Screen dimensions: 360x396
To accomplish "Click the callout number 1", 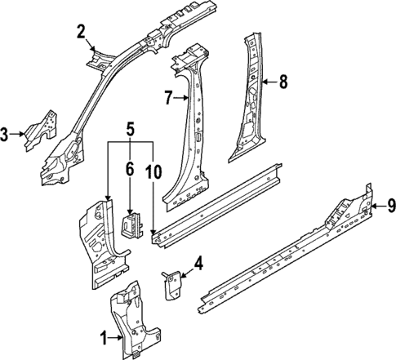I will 104,336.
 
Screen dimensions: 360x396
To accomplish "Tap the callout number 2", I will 81,32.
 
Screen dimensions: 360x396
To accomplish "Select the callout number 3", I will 5,135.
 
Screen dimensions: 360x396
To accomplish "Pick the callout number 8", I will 283,81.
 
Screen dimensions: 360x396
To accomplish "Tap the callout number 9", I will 390,207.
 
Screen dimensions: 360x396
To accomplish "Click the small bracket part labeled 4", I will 172,283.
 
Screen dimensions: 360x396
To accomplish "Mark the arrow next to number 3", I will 18,135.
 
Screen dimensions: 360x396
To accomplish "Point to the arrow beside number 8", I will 270,81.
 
